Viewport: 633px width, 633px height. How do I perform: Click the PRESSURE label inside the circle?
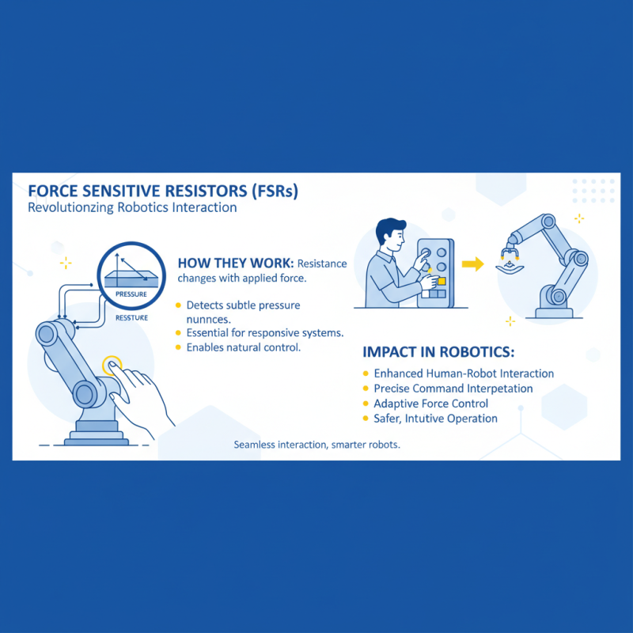coord(131,294)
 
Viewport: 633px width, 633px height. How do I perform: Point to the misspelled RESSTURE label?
coord(131,317)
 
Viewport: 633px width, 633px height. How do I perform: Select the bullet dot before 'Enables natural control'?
coord(179,347)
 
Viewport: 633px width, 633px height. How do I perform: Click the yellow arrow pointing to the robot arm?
coord(472,264)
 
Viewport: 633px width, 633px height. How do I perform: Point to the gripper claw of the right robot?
coord(509,256)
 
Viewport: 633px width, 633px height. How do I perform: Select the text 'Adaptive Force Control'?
coord(430,404)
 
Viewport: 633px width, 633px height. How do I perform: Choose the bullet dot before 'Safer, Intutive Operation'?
coord(365,419)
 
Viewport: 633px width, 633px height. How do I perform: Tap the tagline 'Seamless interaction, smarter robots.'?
coord(316,445)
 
